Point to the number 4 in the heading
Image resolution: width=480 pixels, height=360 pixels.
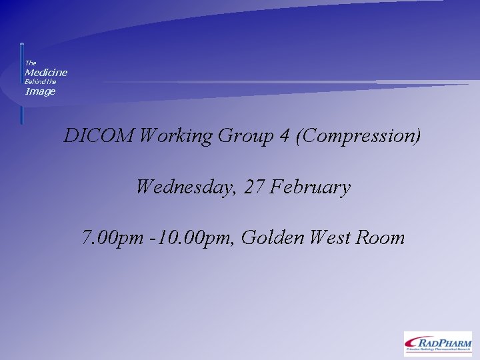click(285, 136)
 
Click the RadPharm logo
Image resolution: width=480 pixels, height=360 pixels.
click(437, 343)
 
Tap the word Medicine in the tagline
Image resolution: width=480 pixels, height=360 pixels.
click(46, 72)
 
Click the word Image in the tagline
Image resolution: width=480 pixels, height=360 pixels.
click(40, 91)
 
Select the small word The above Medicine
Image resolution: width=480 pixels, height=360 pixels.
click(31, 63)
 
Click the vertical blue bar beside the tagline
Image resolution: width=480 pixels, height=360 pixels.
click(21, 83)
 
